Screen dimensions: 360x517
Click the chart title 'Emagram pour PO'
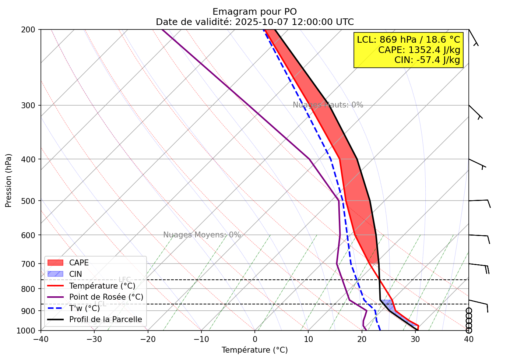pyautogui.click(x=254, y=12)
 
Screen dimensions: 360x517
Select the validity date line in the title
pyautogui.click(x=254, y=22)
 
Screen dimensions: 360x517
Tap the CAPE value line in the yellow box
pyautogui.click(x=419, y=50)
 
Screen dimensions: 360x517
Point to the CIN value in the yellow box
pyautogui.click(x=427, y=60)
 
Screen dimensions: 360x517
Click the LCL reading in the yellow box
pyautogui.click(x=408, y=40)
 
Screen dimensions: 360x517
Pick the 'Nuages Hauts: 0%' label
pyautogui.click(x=328, y=105)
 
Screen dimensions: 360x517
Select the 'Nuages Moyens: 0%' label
pyautogui.click(x=202, y=235)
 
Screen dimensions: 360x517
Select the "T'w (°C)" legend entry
pyautogui.click(x=84, y=308)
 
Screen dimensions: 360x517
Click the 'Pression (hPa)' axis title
pyautogui.click(x=8, y=180)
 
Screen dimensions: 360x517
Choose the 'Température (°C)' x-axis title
pyautogui.click(x=254, y=350)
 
